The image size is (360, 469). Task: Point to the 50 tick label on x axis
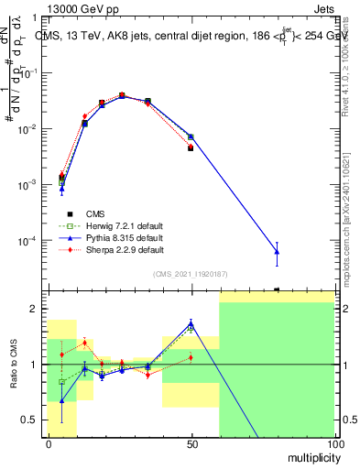click(x=191, y=442)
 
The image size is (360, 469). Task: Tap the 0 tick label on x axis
click(x=49, y=442)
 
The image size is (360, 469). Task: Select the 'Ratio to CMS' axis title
click(x=14, y=365)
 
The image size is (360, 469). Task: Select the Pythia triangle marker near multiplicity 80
click(x=277, y=251)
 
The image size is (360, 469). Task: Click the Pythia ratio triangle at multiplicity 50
click(x=191, y=323)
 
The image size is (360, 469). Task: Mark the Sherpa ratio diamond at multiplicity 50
click(x=191, y=357)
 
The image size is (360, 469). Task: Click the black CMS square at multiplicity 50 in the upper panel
click(x=191, y=147)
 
